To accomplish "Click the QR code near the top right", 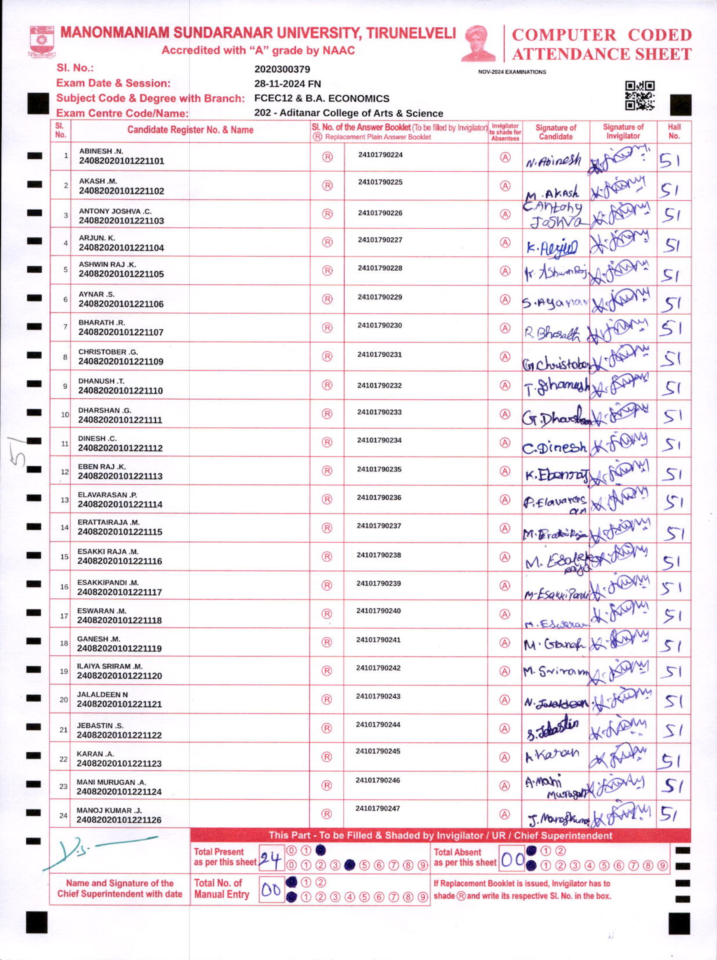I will coord(639,95).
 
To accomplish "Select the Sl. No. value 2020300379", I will coord(282,69).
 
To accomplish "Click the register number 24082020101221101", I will coord(122,161).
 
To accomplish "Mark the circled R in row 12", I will coord(327,471).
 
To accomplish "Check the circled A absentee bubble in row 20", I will coord(505,700).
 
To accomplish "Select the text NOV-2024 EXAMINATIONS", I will coord(512,72).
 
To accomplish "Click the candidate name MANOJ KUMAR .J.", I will coord(104,810).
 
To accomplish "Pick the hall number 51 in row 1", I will coord(670,162).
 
